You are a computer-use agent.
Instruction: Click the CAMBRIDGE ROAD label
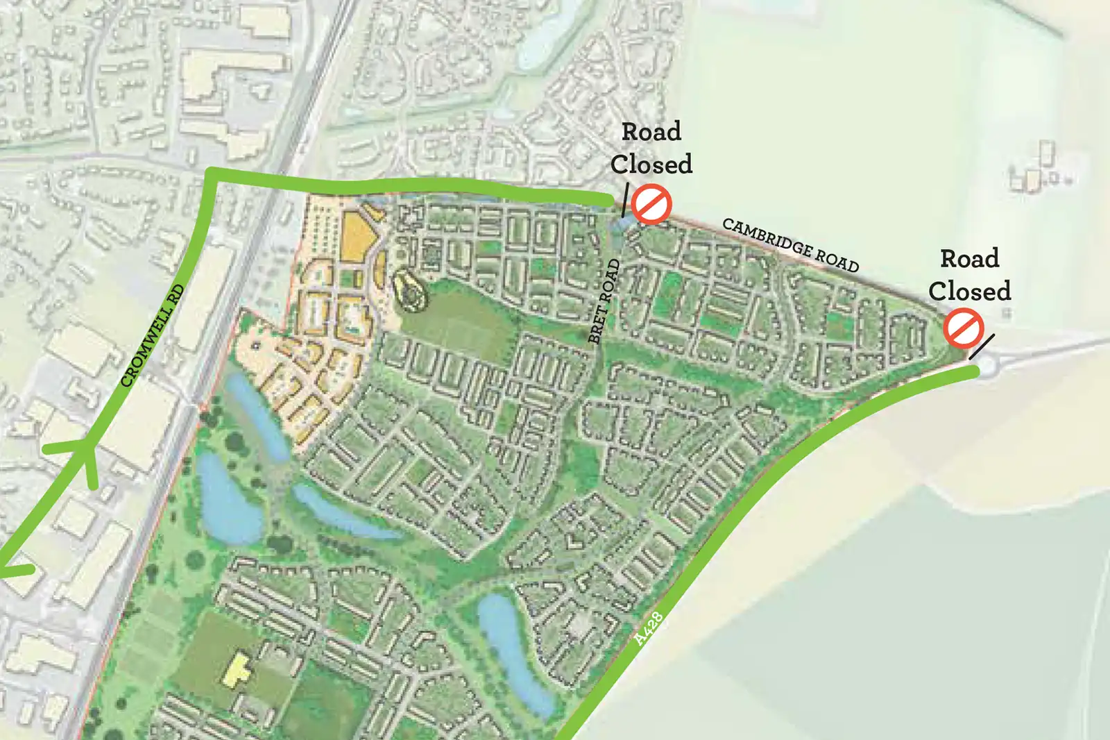tap(790, 245)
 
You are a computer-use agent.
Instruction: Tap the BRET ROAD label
tap(604, 301)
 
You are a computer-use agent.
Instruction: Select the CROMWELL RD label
tap(153, 335)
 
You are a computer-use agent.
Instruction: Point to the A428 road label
tap(649, 628)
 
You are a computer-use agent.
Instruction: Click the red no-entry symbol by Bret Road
tap(651, 204)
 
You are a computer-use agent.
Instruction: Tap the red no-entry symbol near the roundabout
tap(964, 328)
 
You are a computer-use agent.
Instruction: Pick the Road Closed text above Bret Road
tap(651, 148)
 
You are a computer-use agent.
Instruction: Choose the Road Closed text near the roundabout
tap(969, 275)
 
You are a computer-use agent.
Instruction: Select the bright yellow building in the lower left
tap(237, 669)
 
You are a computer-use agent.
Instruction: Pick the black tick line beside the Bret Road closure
tap(625, 200)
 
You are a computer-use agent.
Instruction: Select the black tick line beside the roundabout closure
tap(982, 346)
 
